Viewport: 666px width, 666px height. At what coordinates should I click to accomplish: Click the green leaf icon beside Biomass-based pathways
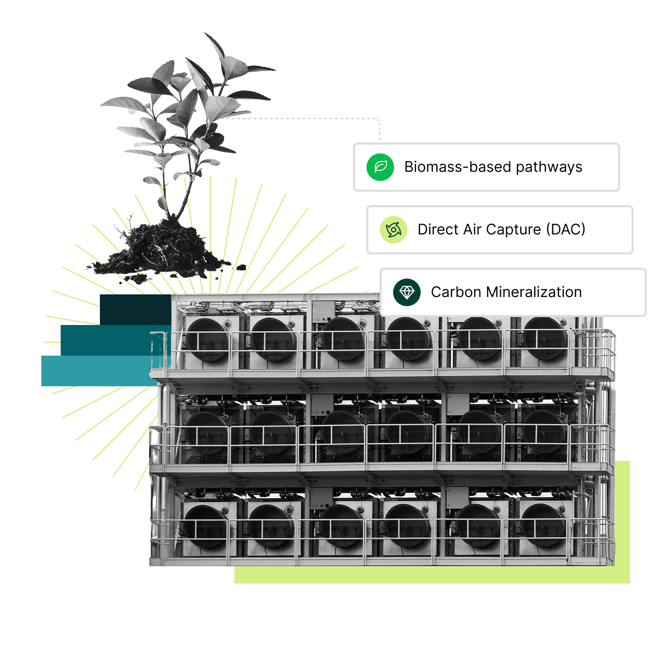click(380, 167)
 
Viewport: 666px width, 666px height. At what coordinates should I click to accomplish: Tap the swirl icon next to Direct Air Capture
click(393, 230)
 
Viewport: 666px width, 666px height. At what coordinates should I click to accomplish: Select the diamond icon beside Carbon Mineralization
click(407, 292)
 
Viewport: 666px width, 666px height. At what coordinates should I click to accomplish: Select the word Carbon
click(456, 292)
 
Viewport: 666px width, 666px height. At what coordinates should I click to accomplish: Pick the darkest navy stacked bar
click(135, 309)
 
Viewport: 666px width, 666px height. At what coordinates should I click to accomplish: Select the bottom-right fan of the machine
click(543, 526)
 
